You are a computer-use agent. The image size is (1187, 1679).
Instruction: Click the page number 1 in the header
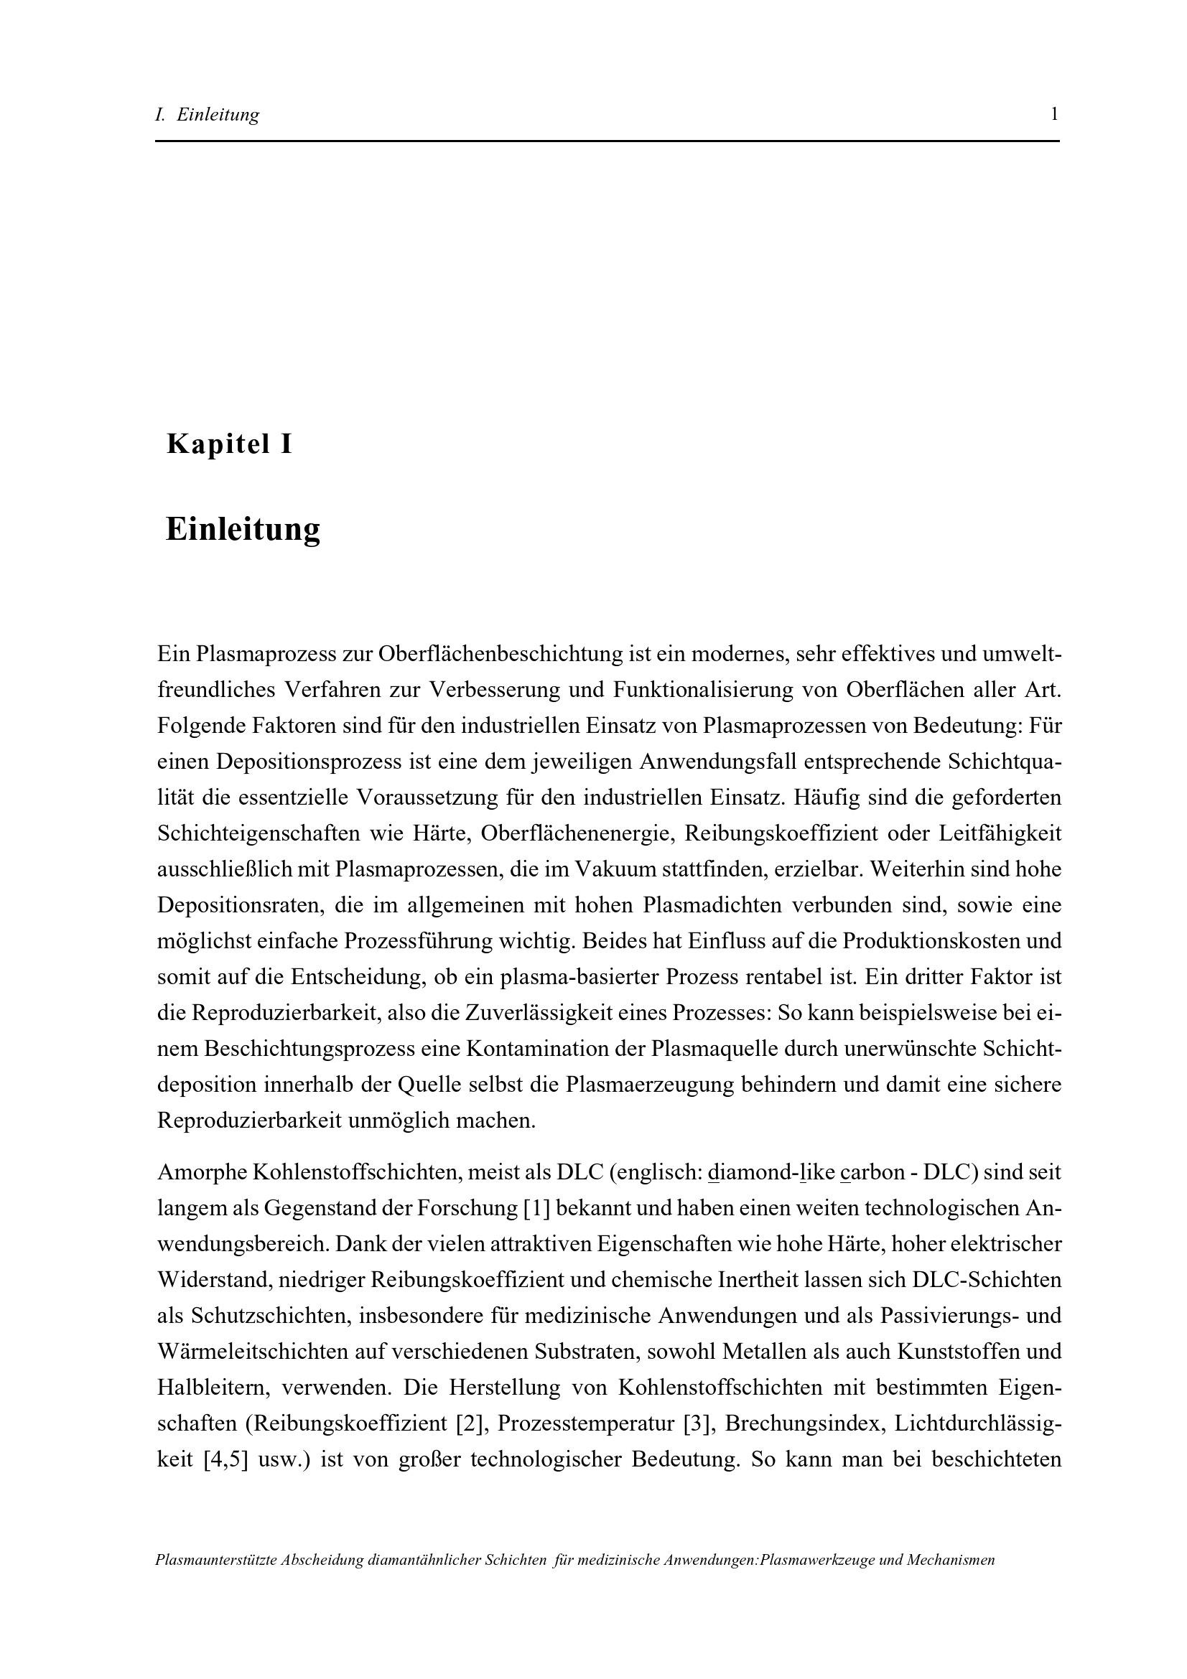tap(1054, 114)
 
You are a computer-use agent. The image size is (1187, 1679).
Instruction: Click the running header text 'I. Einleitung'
tap(208, 115)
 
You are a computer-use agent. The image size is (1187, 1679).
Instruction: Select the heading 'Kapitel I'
tap(229, 444)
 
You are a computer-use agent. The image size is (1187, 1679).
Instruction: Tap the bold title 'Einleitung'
tap(243, 529)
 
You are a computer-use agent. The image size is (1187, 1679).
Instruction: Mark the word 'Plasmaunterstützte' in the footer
tap(215, 1560)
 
